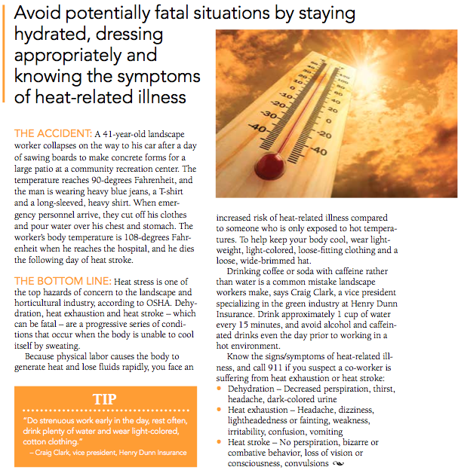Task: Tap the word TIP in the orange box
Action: click(x=103, y=398)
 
